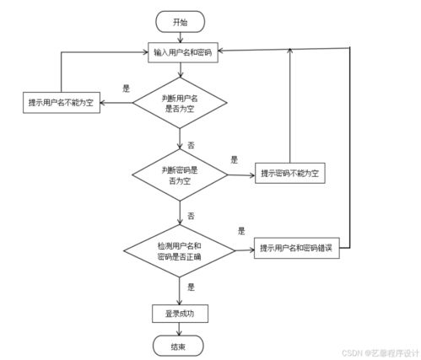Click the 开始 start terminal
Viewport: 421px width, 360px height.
[181, 21]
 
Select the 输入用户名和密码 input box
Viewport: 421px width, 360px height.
[182, 52]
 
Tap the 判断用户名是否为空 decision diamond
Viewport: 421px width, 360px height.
[181, 103]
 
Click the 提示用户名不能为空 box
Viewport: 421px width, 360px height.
[61, 103]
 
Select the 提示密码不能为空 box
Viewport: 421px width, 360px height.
[289, 175]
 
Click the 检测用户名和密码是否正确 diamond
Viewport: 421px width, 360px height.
[180, 249]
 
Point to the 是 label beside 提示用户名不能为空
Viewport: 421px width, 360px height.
[126, 88]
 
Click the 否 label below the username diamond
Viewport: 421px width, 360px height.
[191, 145]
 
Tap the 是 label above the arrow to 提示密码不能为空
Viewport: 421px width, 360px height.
[235, 160]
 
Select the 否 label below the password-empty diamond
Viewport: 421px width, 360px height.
[191, 217]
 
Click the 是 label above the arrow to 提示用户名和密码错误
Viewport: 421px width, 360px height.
[241, 231]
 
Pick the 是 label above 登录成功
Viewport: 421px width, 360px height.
[191, 287]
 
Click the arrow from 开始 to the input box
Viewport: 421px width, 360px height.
[181, 36]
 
